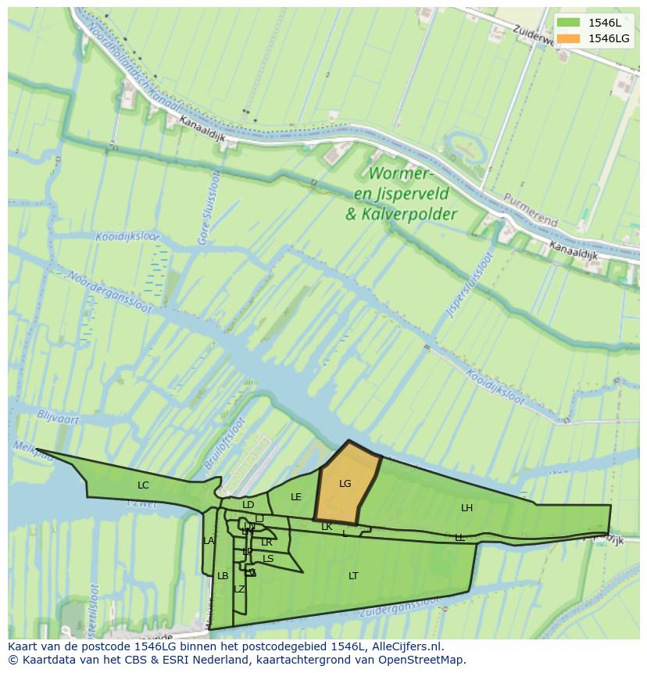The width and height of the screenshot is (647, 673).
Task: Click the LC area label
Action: click(143, 485)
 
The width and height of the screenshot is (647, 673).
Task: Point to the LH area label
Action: click(466, 508)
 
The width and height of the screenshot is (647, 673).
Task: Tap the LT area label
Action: click(353, 576)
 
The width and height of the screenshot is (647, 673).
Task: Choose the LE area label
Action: click(296, 497)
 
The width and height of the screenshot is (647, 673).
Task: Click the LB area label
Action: click(223, 576)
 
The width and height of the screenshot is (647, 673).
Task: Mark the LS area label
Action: click(268, 559)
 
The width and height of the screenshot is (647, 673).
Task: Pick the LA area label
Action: click(209, 541)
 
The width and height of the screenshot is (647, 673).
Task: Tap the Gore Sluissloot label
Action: click(209, 209)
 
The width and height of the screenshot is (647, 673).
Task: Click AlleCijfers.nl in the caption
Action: click(406, 646)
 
